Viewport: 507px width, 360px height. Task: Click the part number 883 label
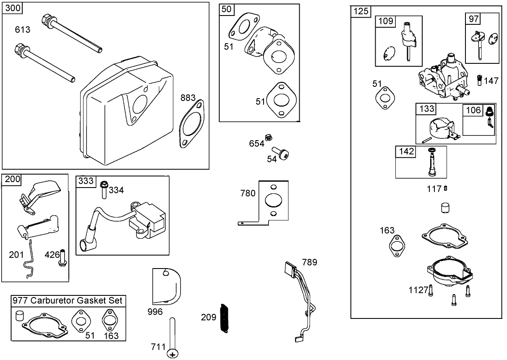point(188,98)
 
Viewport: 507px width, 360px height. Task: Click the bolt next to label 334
point(104,190)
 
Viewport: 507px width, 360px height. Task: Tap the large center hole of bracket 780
point(273,200)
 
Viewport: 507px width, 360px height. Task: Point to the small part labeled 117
point(445,189)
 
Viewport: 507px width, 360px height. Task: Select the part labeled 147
point(479,80)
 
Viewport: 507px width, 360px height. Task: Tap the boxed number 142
point(405,151)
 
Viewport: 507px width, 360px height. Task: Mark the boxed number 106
point(473,110)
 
